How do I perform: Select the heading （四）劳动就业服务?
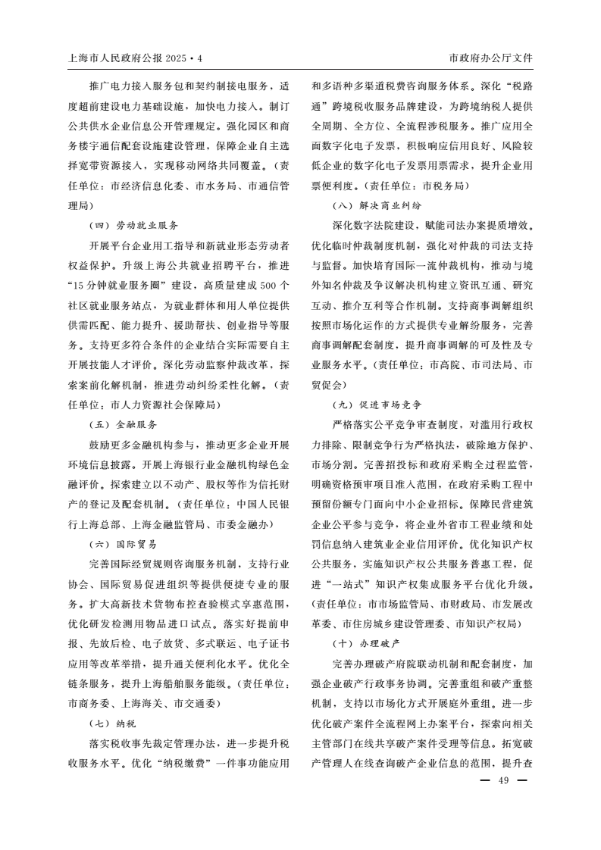coord(134,225)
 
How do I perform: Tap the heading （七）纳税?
coord(113,723)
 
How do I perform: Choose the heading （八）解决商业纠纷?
coord(377,205)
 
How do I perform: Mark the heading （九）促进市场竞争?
coord(377,405)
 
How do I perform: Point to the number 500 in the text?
coord(264,285)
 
